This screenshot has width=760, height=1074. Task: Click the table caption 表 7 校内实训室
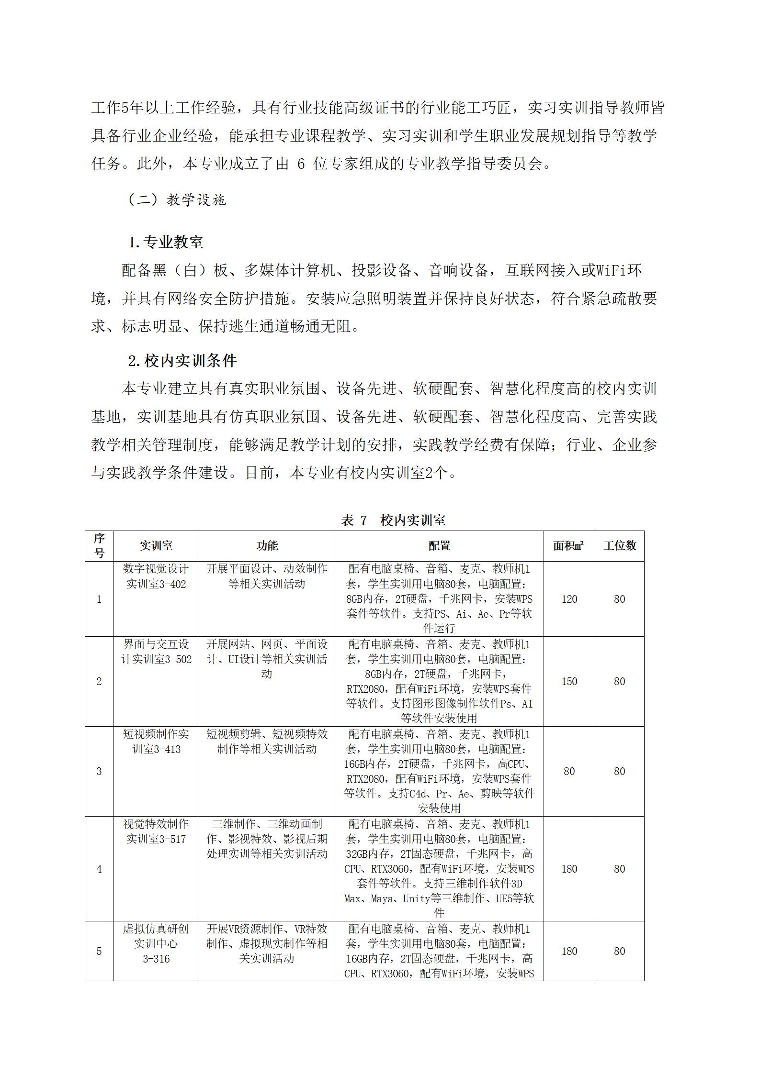click(393, 520)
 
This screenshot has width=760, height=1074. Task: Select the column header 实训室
click(156, 545)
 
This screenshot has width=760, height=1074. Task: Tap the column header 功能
click(267, 545)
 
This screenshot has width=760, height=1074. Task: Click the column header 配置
click(439, 545)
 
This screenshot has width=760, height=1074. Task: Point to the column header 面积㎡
click(568, 545)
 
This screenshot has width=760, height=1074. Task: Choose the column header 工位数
click(619, 545)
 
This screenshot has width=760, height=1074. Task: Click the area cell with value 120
click(569, 599)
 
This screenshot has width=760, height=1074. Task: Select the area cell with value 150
click(569, 681)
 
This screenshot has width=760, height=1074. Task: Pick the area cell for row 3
click(569, 771)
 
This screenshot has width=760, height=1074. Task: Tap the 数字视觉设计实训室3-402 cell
click(156, 576)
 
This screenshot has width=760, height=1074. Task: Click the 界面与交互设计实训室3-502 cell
click(156, 652)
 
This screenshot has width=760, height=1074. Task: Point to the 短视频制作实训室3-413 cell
click(156, 742)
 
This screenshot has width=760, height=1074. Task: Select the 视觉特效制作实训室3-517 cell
click(156, 831)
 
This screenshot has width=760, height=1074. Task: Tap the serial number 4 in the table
click(99, 869)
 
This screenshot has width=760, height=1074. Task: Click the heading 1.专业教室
click(166, 242)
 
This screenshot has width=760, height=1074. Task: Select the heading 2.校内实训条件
click(182, 361)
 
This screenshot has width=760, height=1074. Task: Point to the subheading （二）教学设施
click(177, 199)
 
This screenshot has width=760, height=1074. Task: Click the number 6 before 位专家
click(301, 164)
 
